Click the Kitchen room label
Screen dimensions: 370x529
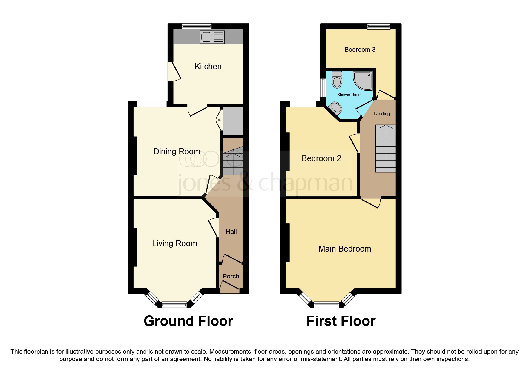pyautogui.click(x=208, y=66)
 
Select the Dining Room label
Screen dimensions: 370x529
pyautogui.click(x=177, y=152)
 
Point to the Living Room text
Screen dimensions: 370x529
pyautogui.click(x=174, y=243)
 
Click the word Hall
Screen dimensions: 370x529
pyautogui.click(x=231, y=232)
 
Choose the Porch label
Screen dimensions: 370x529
pyautogui.click(x=231, y=276)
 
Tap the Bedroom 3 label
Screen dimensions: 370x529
pyautogui.click(x=360, y=50)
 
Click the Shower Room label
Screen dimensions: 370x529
pyautogui.click(x=349, y=95)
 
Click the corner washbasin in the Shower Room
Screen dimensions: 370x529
pyautogui.click(x=335, y=108)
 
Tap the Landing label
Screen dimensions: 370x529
pyautogui.click(x=381, y=114)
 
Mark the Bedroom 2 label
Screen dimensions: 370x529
pyautogui.click(x=321, y=158)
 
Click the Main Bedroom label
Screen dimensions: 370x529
pyautogui.click(x=345, y=249)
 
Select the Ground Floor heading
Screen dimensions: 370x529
pyautogui.click(x=188, y=321)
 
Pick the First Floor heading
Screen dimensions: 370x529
pyautogui.click(x=341, y=321)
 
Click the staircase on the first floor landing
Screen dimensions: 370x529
pyautogui.click(x=385, y=148)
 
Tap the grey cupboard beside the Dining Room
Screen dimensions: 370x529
pyautogui.click(x=233, y=121)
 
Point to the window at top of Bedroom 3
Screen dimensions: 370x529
pyautogui.click(x=378, y=27)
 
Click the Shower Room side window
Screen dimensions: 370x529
pyautogui.click(x=323, y=88)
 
